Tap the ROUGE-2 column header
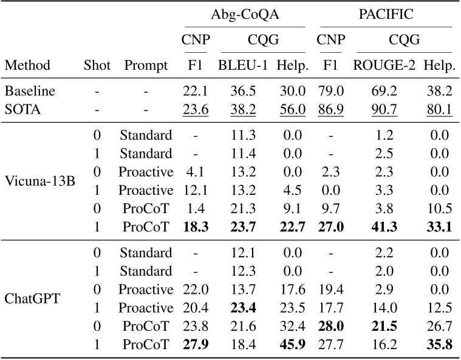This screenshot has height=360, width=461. pyautogui.click(x=384, y=65)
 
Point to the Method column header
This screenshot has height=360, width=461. pyautogui.click(x=27, y=65)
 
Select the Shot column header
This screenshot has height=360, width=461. pyautogui.click(x=97, y=65)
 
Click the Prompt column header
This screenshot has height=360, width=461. pyautogui.click(x=145, y=65)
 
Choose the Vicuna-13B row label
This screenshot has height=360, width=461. pyautogui.click(x=39, y=181)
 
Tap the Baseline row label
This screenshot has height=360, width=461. pyautogui.click(x=30, y=91)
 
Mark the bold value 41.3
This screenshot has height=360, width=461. pyautogui.click(x=384, y=228)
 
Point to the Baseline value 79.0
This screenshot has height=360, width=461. pyautogui.click(x=332, y=91)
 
